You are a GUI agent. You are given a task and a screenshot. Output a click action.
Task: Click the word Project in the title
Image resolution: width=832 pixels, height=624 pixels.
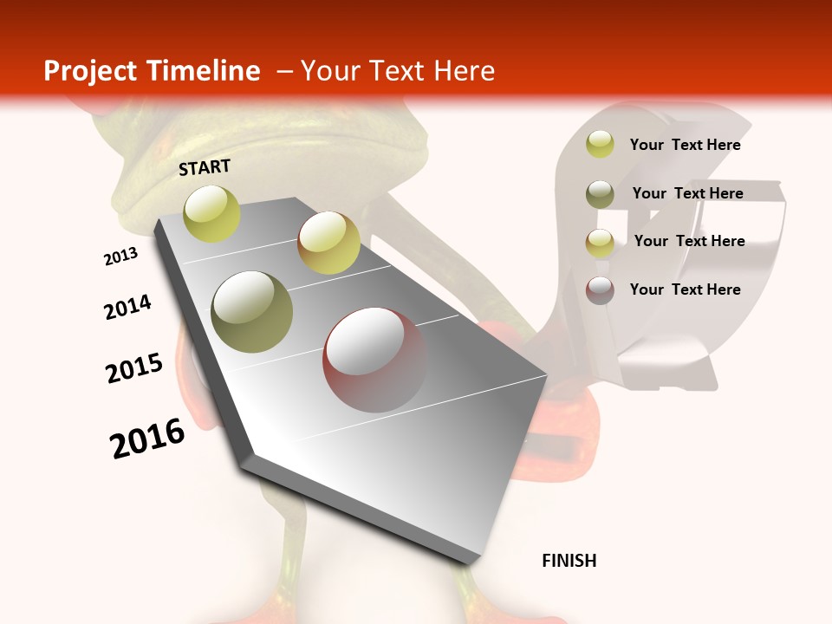point(91,71)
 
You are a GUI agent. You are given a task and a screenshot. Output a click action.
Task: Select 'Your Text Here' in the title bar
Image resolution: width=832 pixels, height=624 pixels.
point(397,71)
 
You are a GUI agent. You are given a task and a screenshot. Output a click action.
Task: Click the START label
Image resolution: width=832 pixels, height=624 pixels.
point(205,167)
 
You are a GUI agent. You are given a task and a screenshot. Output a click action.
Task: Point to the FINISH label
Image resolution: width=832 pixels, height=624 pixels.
point(569,561)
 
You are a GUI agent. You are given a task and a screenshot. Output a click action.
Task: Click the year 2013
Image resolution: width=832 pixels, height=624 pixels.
point(120,257)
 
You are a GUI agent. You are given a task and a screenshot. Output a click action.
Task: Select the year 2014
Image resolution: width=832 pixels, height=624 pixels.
point(127,308)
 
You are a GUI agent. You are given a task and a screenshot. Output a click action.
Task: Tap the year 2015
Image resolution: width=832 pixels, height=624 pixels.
point(134,368)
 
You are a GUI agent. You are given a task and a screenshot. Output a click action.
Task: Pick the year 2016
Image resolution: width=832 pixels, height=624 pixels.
point(147,439)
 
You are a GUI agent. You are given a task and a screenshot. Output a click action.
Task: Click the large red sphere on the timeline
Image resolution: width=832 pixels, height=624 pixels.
point(374,360)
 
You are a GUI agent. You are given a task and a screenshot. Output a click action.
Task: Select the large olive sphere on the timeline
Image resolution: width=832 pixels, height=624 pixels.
point(252,311)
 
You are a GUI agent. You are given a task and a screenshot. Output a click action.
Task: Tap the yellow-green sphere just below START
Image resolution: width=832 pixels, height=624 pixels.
point(212,213)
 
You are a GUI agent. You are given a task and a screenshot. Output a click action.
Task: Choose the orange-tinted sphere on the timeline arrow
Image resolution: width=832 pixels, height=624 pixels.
point(328,243)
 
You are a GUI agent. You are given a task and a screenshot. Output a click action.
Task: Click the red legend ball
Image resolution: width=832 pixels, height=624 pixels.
point(600,289)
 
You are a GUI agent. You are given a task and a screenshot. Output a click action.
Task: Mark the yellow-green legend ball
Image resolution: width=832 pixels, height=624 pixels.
point(600,145)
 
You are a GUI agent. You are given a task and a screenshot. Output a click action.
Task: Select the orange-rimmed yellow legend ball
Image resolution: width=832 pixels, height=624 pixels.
point(600,242)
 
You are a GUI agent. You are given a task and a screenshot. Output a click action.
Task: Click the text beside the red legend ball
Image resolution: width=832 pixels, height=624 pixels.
point(685,289)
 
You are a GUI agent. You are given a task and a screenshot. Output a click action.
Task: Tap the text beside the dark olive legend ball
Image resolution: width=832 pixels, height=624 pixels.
point(687,193)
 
